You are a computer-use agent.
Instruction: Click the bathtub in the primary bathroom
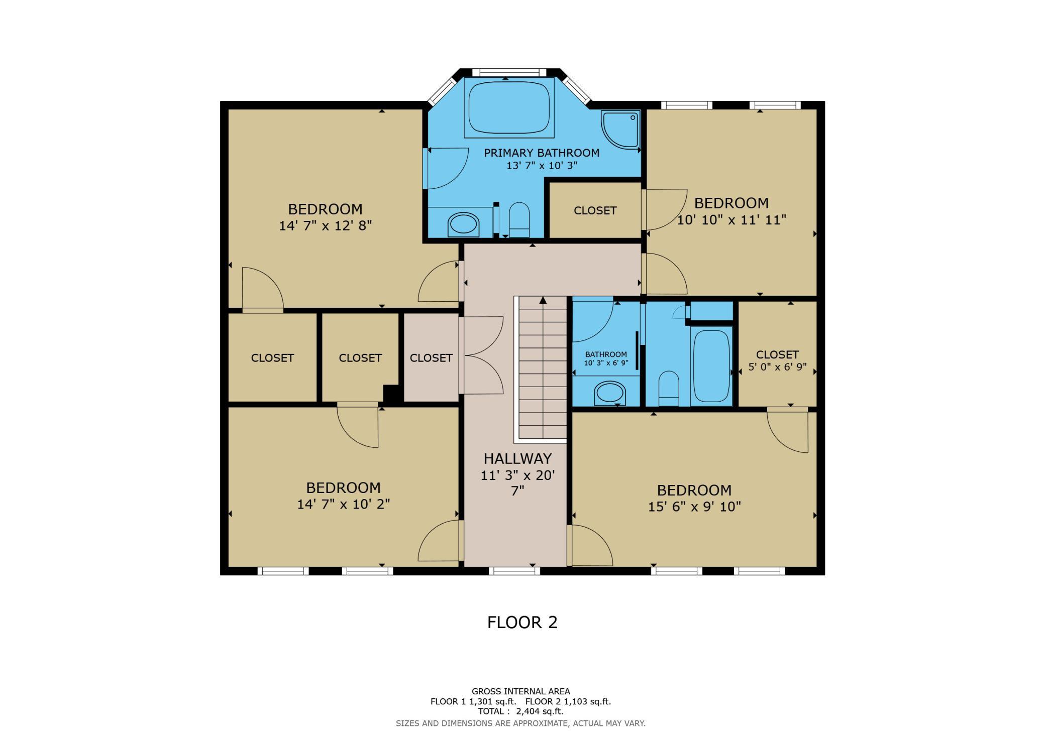[508, 107]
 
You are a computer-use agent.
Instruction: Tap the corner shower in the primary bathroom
[621, 130]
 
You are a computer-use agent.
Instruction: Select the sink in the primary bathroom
[463, 224]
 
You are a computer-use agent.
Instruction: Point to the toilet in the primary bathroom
[519, 220]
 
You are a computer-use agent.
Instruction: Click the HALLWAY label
[517, 458]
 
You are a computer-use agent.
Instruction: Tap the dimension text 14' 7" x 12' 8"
[325, 225]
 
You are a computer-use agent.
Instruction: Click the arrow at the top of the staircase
[543, 300]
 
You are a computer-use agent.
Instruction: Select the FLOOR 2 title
[522, 622]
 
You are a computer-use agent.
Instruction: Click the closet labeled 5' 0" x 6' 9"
[777, 353]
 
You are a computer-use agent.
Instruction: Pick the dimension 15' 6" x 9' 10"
[694, 507]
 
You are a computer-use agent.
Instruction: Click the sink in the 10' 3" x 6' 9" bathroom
[609, 393]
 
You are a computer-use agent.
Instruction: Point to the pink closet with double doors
[431, 357]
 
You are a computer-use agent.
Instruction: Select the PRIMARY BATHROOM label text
[542, 153]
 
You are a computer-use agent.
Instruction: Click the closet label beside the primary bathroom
[595, 210]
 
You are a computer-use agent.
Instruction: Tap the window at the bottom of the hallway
[514, 570]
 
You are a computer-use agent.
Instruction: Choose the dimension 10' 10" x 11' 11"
[731, 219]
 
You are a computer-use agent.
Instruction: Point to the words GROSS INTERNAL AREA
[520, 691]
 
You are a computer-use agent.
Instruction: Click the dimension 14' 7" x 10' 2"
[344, 504]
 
